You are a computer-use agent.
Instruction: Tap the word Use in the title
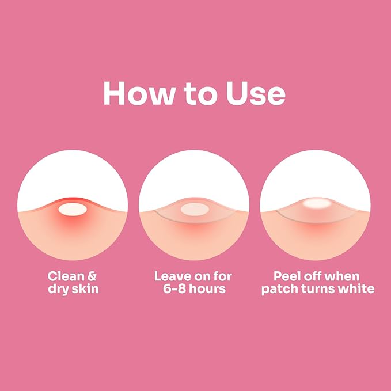256,93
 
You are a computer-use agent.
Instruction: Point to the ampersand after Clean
92,276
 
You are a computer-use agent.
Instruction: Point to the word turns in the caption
318,289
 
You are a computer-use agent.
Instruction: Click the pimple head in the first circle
73,209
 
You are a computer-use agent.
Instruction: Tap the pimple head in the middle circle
195,209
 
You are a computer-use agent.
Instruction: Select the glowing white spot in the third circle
317,203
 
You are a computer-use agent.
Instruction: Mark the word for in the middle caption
223,276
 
